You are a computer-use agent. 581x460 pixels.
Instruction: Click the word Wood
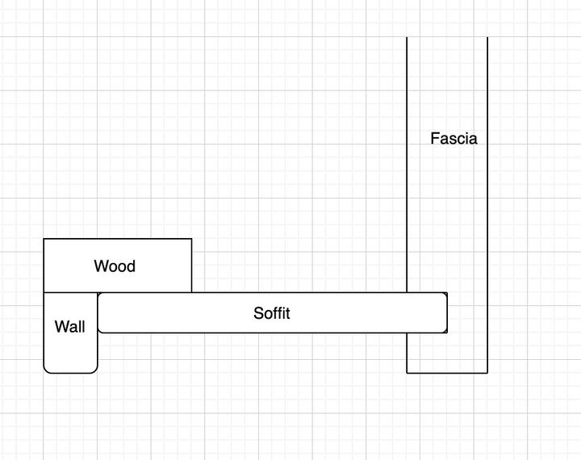[x=115, y=266]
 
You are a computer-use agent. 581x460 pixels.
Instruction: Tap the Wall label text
[x=69, y=327]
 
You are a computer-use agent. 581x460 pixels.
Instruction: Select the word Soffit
[x=272, y=313]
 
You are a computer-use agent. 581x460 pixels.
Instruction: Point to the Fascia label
[x=454, y=138]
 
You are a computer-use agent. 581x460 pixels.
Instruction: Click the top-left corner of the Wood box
[x=44, y=239]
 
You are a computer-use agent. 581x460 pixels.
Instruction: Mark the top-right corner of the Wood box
[x=191, y=239]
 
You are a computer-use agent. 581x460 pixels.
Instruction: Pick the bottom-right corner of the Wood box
[x=191, y=292]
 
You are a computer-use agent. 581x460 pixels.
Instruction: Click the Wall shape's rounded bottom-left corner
[x=45, y=371]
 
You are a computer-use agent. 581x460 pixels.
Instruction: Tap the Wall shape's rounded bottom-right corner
[x=95, y=371]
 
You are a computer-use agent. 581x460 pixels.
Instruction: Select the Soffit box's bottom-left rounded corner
[x=99, y=332]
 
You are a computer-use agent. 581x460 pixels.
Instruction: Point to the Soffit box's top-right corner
[x=446, y=293]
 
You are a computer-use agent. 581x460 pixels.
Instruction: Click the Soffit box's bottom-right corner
[x=446, y=332]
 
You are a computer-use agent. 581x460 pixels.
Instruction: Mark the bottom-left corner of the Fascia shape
[x=407, y=373]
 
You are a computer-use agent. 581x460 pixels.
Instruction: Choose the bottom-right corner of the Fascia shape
[x=487, y=373]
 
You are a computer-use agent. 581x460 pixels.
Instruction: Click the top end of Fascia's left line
[x=407, y=37]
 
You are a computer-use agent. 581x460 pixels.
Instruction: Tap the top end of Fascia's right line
[x=487, y=37]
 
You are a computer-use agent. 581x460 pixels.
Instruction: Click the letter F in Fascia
[x=435, y=138]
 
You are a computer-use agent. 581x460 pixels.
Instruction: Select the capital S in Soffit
[x=258, y=313]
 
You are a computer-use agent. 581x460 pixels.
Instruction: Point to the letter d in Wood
[x=131, y=266]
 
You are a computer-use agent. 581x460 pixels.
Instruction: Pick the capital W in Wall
[x=61, y=327]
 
